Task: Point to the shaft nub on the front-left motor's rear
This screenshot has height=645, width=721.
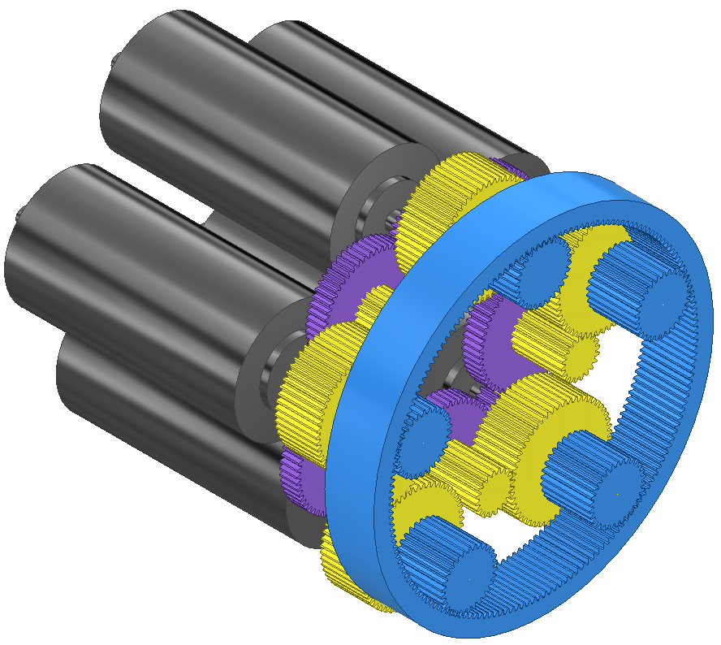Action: click(18, 214)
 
